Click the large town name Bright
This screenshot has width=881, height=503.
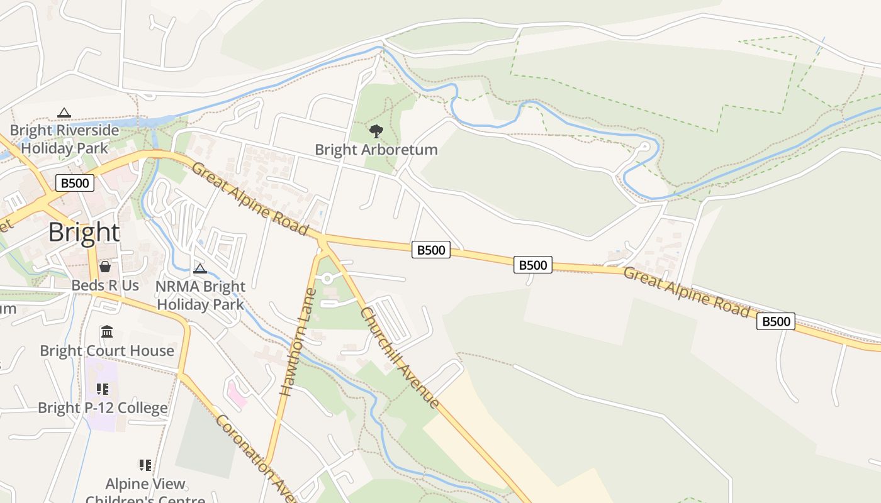click(x=84, y=233)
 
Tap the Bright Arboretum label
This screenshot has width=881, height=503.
click(x=376, y=150)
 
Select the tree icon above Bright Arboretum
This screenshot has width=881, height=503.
click(x=376, y=131)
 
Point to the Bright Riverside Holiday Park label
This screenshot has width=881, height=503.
click(x=64, y=140)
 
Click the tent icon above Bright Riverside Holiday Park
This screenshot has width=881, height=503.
click(x=64, y=113)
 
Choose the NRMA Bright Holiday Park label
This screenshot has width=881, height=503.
click(x=200, y=296)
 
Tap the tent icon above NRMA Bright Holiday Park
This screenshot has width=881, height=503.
click(x=200, y=269)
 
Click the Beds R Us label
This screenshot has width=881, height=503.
click(x=105, y=285)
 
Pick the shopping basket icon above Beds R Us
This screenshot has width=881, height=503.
click(x=105, y=267)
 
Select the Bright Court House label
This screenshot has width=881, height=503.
click(x=107, y=351)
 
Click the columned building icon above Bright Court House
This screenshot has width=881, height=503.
click(x=107, y=331)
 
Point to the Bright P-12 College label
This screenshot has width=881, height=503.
click(x=103, y=408)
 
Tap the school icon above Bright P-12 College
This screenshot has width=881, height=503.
click(x=103, y=389)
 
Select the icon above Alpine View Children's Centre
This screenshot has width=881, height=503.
click(x=145, y=465)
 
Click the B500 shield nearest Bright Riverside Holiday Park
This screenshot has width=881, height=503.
click(x=75, y=183)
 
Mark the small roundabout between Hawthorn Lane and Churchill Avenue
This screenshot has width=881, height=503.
click(x=327, y=279)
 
